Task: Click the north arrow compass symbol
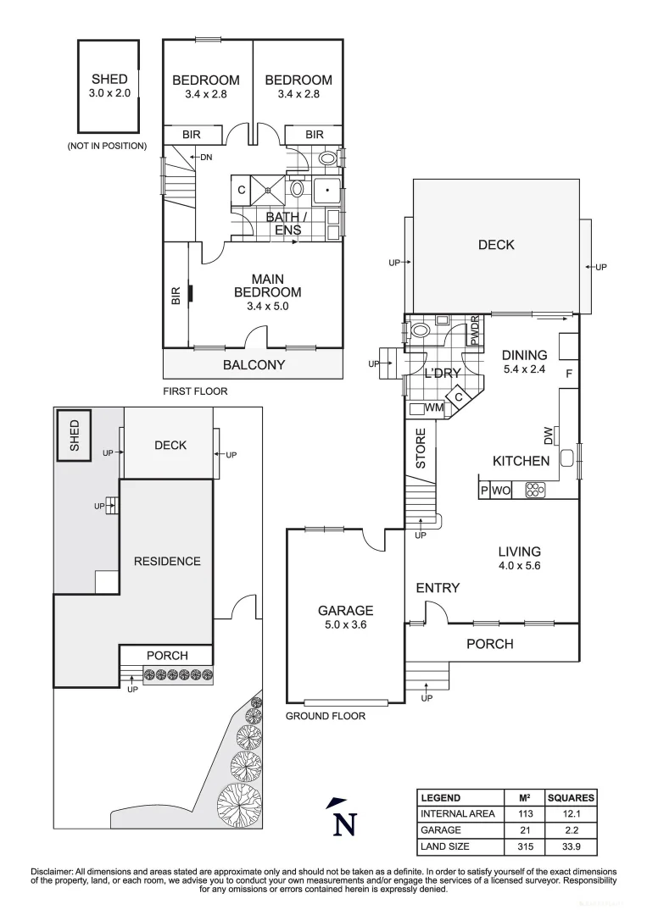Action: pos(343,819)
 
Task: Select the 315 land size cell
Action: pos(523,846)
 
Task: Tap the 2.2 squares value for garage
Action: pos(571,830)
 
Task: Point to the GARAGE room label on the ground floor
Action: pos(345,610)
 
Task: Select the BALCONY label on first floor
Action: pos(254,365)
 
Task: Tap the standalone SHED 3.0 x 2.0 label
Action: pos(109,86)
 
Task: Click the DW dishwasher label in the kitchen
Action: pos(549,435)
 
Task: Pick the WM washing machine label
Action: pos(434,408)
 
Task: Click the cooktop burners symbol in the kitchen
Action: pos(536,490)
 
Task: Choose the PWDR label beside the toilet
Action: pos(475,330)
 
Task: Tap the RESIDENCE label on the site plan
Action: pos(167,561)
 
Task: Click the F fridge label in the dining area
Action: pos(569,373)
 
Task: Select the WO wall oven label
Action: pos(501,490)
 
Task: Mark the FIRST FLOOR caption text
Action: pos(195,391)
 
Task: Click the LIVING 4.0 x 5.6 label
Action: pos(519,559)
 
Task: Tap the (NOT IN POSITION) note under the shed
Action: pos(107,146)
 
